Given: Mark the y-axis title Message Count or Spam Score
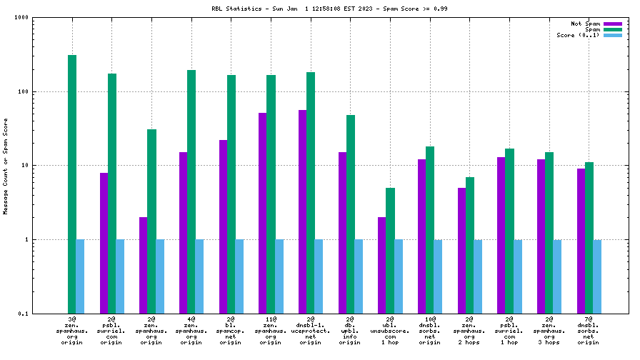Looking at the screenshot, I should click(6, 166).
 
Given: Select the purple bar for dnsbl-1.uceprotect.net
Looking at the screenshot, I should click(303, 211).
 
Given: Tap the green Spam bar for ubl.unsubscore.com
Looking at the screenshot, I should click(390, 250).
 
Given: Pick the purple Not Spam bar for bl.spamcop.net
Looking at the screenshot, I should click(224, 226).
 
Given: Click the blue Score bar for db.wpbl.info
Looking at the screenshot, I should click(359, 276).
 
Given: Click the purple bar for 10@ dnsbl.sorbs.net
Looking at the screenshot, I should click(422, 236).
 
